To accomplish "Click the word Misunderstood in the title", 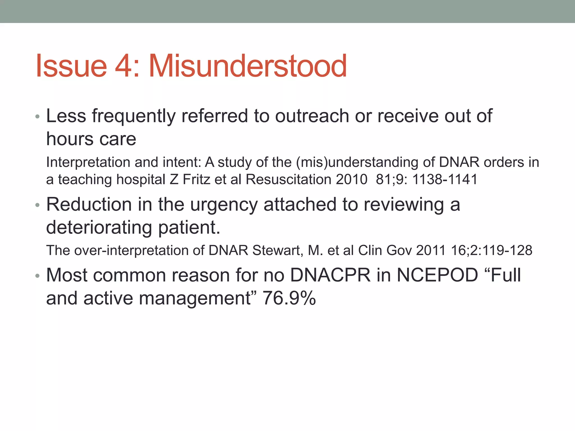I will coord(248,66).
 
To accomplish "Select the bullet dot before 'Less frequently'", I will coord(38,117).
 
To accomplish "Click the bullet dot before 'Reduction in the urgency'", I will coord(38,205).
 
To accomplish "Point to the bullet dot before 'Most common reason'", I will coord(38,276).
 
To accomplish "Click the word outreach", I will coord(312,116).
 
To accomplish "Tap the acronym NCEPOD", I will coord(437,275).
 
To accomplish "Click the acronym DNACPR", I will coord(330,275).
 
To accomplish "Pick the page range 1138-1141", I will coord(445,179).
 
